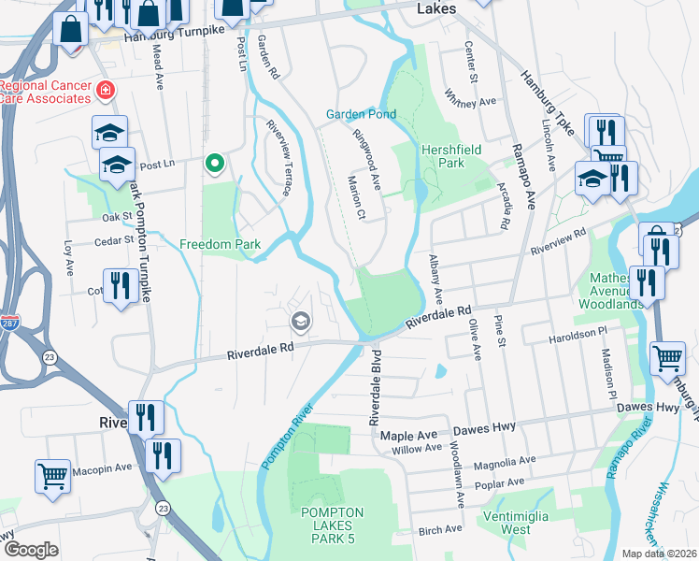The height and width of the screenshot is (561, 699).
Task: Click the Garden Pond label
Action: (x=361, y=114)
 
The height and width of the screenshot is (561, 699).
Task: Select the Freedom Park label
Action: (x=219, y=245)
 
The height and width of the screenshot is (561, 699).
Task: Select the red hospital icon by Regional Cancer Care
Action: (x=106, y=91)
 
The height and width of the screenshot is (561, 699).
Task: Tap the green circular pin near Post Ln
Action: (x=214, y=164)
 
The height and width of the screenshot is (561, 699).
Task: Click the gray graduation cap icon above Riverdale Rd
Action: (x=300, y=323)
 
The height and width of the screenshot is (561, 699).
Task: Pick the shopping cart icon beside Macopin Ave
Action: (x=53, y=475)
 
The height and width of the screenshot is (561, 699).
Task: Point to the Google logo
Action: (x=31, y=550)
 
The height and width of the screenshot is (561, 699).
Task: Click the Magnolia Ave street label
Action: (x=505, y=461)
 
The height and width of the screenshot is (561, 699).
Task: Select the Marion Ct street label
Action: (x=355, y=197)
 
